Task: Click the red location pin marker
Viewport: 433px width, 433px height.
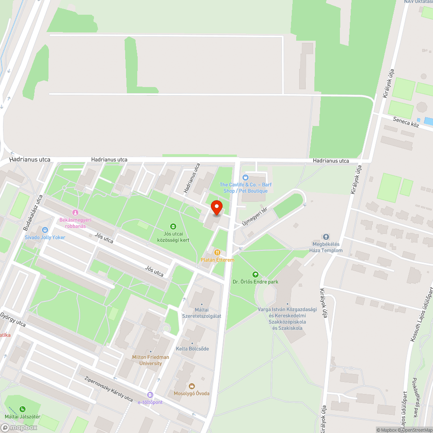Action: click(x=216, y=208)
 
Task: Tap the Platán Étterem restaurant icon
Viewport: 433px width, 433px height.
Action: click(x=217, y=252)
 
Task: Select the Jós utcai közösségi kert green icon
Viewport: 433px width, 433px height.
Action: click(x=173, y=226)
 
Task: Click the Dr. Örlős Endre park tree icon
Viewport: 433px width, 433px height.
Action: click(x=255, y=274)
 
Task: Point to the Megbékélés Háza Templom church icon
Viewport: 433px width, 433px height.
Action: click(x=326, y=237)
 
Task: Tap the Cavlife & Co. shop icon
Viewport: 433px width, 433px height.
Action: click(x=246, y=177)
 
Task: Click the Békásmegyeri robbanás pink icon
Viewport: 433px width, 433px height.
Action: click(x=75, y=212)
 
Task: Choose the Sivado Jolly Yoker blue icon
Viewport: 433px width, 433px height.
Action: click(x=45, y=229)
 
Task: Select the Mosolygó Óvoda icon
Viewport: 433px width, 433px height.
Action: click(x=192, y=386)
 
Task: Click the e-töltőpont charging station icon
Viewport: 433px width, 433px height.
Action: click(x=150, y=395)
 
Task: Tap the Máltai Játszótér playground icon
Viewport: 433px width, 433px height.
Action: click(x=22, y=409)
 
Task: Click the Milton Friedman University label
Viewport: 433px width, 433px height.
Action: click(x=151, y=360)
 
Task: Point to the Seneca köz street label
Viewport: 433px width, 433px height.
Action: click(x=406, y=122)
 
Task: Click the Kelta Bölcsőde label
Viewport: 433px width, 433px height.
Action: click(x=192, y=349)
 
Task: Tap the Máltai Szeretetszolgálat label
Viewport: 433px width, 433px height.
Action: click(x=202, y=313)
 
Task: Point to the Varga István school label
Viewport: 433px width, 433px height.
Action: click(x=288, y=318)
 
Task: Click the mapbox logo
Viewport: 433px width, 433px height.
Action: click(x=19, y=427)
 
